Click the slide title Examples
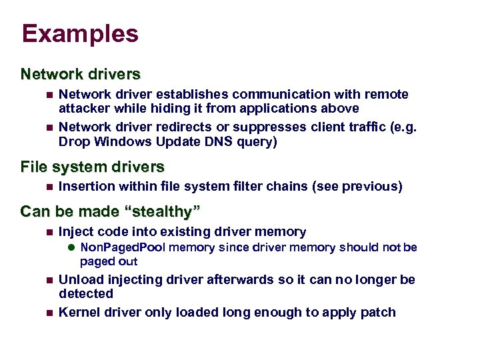tap(80, 34)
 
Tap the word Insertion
tap(85, 187)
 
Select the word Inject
tap(75, 232)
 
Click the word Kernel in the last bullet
tap(78, 312)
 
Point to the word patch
tap(378, 312)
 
